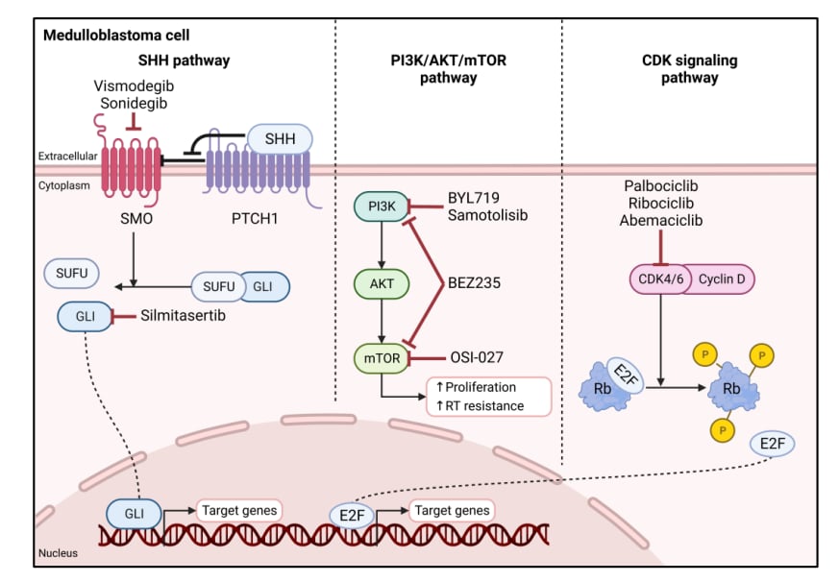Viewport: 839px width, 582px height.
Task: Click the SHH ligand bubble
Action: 279,140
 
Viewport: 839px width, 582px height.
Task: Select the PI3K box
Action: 382,206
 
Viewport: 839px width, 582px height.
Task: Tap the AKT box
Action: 382,282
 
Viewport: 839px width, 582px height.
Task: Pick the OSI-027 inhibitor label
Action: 477,357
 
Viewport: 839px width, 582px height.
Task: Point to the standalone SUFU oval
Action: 71,275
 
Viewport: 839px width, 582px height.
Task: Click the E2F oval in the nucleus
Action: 351,515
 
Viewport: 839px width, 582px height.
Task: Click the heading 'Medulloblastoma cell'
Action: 106,36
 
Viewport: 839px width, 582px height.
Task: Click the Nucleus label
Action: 57,553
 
